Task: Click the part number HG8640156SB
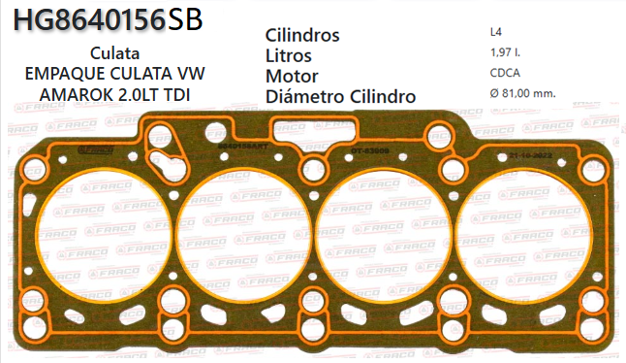(x=109, y=18)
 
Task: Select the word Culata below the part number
(x=114, y=52)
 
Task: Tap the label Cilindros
(x=301, y=36)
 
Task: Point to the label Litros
(x=288, y=55)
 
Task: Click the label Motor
(x=292, y=76)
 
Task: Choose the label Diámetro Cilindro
(x=340, y=96)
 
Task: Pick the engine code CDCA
(x=506, y=72)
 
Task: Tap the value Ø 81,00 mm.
(x=523, y=93)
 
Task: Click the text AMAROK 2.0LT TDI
(x=114, y=94)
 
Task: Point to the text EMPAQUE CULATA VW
(x=114, y=74)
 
